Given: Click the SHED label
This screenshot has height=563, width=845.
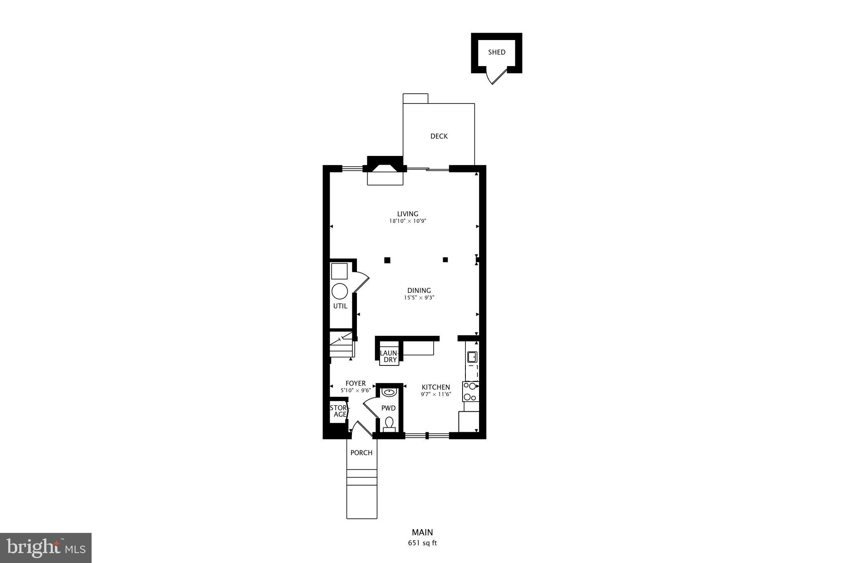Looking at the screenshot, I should [x=496, y=52].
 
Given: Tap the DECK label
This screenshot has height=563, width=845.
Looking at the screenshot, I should [x=439, y=136].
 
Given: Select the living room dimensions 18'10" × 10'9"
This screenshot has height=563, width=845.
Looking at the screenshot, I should [x=407, y=221].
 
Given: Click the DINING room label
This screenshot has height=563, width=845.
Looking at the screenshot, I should [x=419, y=290].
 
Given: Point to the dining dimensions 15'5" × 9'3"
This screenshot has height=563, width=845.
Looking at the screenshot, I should [x=419, y=297].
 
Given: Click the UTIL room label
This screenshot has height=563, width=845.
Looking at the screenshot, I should [x=340, y=306].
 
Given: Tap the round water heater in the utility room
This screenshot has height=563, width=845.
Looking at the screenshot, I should [x=340, y=291].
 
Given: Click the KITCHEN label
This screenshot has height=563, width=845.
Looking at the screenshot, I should [x=436, y=387].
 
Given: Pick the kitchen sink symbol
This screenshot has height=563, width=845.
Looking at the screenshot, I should [x=472, y=356].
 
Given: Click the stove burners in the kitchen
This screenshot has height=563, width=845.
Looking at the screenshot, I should [x=470, y=391].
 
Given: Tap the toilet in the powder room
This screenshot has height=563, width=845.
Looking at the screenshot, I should [x=389, y=423].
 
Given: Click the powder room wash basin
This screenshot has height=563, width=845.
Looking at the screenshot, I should [x=389, y=391].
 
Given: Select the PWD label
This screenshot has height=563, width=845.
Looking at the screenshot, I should [x=388, y=408].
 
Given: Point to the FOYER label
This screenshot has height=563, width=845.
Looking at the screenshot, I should [x=355, y=383].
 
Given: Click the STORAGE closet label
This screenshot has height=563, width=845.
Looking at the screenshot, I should [x=339, y=411].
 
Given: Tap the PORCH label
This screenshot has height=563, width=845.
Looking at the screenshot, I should [x=361, y=452].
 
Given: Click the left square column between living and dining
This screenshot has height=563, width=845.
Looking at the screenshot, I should [x=387, y=260].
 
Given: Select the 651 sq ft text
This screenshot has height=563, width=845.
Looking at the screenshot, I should [x=422, y=543].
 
